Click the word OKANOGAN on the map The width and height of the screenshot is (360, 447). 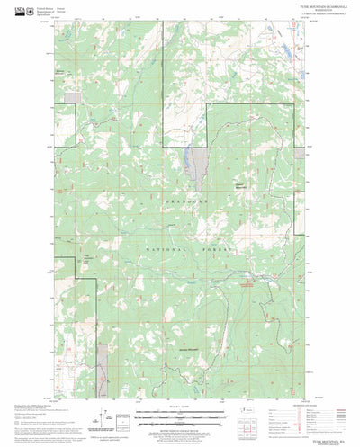point(186,202)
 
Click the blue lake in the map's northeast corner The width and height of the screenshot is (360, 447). point(287,44)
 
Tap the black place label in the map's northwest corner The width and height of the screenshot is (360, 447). point(59,72)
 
